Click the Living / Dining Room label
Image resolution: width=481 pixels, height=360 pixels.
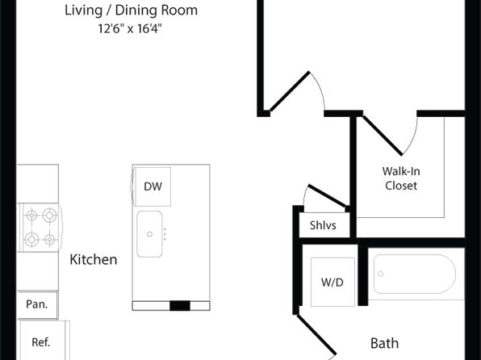[131, 10]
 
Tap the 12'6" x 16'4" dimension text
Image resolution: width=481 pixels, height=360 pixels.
[130, 29]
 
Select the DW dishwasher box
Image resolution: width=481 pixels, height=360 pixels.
[153, 186]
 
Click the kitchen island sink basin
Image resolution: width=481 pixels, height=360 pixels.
[149, 234]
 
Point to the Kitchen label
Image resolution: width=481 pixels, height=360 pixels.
[94, 260]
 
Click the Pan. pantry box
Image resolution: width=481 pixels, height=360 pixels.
[37, 304]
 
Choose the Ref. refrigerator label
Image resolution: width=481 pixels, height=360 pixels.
[41, 342]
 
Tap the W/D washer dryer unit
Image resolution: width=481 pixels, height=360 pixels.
[333, 282]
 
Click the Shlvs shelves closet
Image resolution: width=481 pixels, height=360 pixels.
[324, 225]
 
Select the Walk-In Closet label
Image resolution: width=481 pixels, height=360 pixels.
[401, 178]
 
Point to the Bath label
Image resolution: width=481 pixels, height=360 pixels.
[385, 343]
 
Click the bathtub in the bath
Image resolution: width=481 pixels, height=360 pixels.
[415, 274]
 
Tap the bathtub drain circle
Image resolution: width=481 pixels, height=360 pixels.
[381, 274]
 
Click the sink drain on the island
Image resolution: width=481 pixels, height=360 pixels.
[149, 234]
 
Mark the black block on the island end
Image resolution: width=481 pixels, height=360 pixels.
[180, 306]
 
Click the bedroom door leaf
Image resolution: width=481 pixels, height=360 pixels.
[289, 91]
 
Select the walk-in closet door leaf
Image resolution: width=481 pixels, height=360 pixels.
[383, 135]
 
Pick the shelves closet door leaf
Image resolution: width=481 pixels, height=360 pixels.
[328, 196]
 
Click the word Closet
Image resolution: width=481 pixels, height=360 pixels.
[401, 186]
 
